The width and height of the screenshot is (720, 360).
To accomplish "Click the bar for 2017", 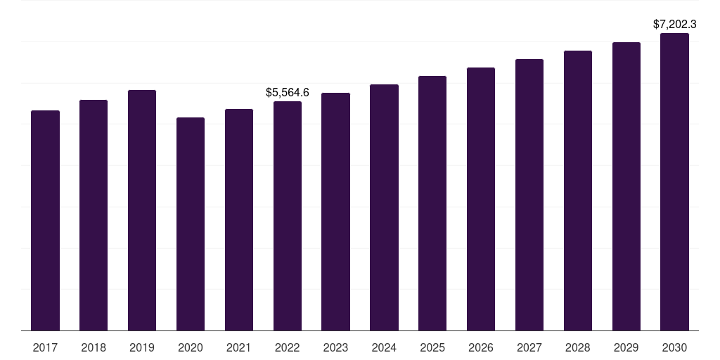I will [x=45, y=220].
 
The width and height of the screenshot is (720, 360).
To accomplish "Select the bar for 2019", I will [x=142, y=210].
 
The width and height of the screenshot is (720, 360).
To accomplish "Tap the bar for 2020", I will [x=191, y=224].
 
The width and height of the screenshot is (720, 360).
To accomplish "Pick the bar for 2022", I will [x=288, y=216].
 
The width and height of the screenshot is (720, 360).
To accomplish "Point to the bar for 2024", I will [x=384, y=207].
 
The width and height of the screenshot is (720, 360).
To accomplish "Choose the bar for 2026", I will [x=481, y=199].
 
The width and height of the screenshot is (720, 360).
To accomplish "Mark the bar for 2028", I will [x=578, y=191].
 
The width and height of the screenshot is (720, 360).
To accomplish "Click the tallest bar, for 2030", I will [x=675, y=181].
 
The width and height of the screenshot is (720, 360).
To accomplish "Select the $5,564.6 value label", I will [x=288, y=92].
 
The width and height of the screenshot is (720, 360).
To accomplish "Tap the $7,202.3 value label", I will [x=675, y=25].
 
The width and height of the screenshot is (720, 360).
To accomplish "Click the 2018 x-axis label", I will [x=94, y=347].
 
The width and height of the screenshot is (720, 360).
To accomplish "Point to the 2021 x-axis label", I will [x=239, y=347].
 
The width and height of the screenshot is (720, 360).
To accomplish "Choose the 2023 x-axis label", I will [x=336, y=347].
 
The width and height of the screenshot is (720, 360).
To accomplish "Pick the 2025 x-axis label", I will [x=432, y=347].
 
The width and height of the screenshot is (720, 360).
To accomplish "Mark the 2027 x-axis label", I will [x=529, y=347].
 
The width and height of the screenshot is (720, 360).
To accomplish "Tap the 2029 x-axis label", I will [x=626, y=347].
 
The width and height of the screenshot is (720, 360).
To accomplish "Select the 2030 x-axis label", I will [x=675, y=347].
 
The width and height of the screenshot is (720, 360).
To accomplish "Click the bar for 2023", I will [x=336, y=212].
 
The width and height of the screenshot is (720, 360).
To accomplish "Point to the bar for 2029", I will [x=626, y=186].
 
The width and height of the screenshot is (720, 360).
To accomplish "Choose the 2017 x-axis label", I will [x=45, y=347].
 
